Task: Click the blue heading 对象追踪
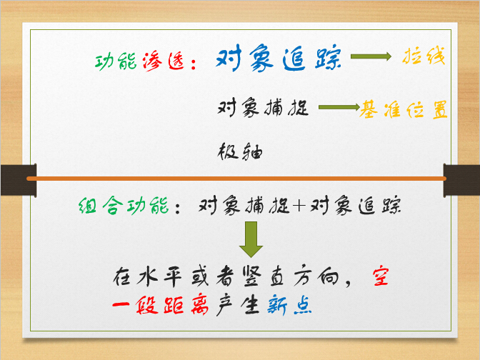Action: point(279,58)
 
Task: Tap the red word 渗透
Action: point(164,61)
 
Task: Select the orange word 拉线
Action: point(424,56)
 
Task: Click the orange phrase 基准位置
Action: point(404,109)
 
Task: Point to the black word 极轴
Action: point(240,151)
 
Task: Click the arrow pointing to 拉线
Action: point(371,56)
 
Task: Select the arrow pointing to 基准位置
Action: point(339,107)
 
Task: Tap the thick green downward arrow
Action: point(251,239)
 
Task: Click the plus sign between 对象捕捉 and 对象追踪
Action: point(299,205)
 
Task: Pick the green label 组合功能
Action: point(124,205)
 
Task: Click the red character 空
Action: point(381,276)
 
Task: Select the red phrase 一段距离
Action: point(161,305)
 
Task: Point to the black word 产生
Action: point(238,305)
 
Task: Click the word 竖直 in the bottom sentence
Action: point(264,276)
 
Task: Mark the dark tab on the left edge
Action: point(19,180)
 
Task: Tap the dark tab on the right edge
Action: point(461,180)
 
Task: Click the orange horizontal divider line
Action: point(236,179)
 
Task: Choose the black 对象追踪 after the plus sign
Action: point(356,205)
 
